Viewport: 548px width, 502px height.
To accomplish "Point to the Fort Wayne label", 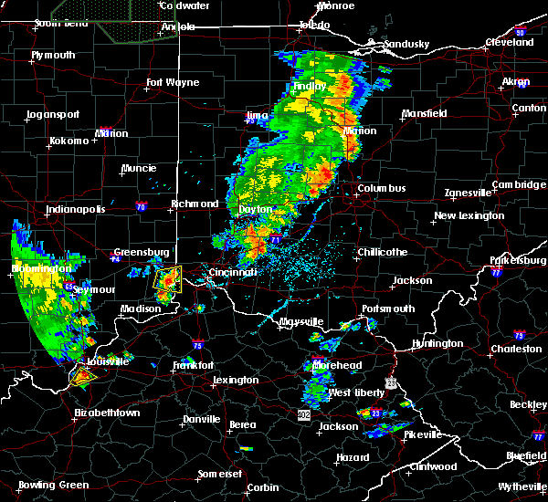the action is coord(173,83).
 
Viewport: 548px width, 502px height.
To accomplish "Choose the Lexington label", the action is coord(236,380).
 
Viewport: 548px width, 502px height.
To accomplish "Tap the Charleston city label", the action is coord(517,349).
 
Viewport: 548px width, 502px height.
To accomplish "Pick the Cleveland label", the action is coord(510,43).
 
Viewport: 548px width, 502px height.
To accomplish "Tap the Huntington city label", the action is coord(437,344).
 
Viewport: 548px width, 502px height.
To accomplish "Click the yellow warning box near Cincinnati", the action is coord(168,278).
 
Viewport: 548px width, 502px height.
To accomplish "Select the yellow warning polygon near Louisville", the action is coord(82,374).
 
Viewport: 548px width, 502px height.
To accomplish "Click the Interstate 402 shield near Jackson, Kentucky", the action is coord(304,415).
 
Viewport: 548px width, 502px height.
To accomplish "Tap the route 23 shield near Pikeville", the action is coord(375,413).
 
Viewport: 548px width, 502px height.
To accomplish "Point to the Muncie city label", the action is coord(139,169).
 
